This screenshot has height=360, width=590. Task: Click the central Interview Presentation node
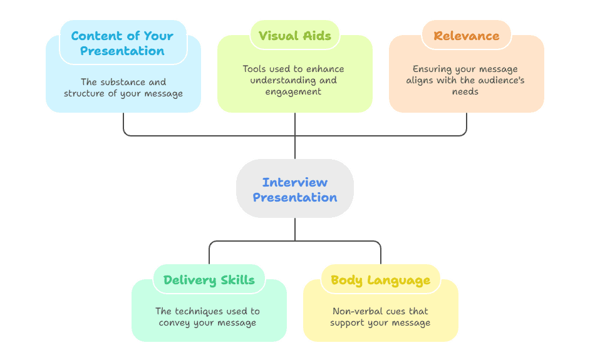294,189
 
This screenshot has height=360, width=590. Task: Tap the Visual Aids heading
294,36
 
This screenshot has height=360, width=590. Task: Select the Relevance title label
466,36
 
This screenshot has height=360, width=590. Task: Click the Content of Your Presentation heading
123,43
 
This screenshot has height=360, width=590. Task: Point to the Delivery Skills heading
209,280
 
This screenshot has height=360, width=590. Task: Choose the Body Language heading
381,280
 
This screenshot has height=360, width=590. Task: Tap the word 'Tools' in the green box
256,69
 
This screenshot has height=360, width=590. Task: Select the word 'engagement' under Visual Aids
294,91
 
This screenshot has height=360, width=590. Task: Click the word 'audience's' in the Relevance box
494,80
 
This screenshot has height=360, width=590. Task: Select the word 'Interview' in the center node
294,182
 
